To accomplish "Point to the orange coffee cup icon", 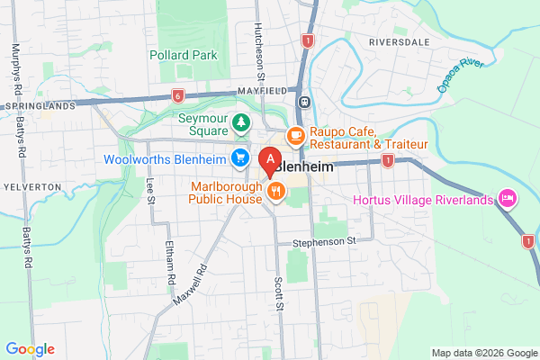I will [294, 136].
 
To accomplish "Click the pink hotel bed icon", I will [508, 196].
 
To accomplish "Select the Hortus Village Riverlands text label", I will [424, 199].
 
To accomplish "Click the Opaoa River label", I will [460, 76].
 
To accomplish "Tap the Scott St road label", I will [281, 295].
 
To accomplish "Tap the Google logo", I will [30, 349].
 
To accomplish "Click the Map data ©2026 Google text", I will [481, 352].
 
